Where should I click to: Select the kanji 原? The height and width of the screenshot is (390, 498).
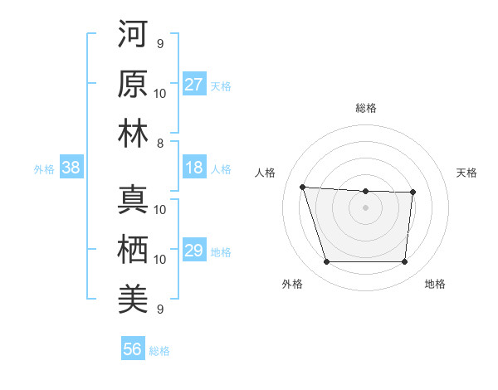tap(133, 84)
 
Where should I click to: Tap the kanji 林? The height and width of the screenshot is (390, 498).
tap(133, 134)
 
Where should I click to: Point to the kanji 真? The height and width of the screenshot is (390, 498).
tap(133, 200)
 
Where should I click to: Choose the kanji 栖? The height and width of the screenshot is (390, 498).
tap(133, 250)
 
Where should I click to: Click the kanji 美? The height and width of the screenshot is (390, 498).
tap(133, 300)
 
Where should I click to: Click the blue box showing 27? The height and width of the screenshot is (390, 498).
tap(193, 85)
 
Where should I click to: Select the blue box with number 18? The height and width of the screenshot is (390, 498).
tap(193, 168)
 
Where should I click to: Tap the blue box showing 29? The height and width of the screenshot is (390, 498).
tap(193, 251)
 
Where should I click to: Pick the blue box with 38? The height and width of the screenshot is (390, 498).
tap(71, 168)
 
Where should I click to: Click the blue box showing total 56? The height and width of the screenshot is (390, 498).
tap(132, 349)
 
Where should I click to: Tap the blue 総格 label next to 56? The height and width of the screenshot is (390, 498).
tap(159, 351)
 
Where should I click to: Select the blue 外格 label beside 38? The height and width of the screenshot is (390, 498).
tap(44, 169)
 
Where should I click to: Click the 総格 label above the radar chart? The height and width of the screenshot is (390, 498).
tap(365, 108)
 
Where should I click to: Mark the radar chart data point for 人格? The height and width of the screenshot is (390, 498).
tap(302, 187)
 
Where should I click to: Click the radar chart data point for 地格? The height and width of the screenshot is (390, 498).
tap(404, 262)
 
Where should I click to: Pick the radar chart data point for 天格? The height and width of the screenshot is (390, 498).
tap(413, 193)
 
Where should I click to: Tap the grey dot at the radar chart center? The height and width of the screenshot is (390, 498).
tap(365, 207)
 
